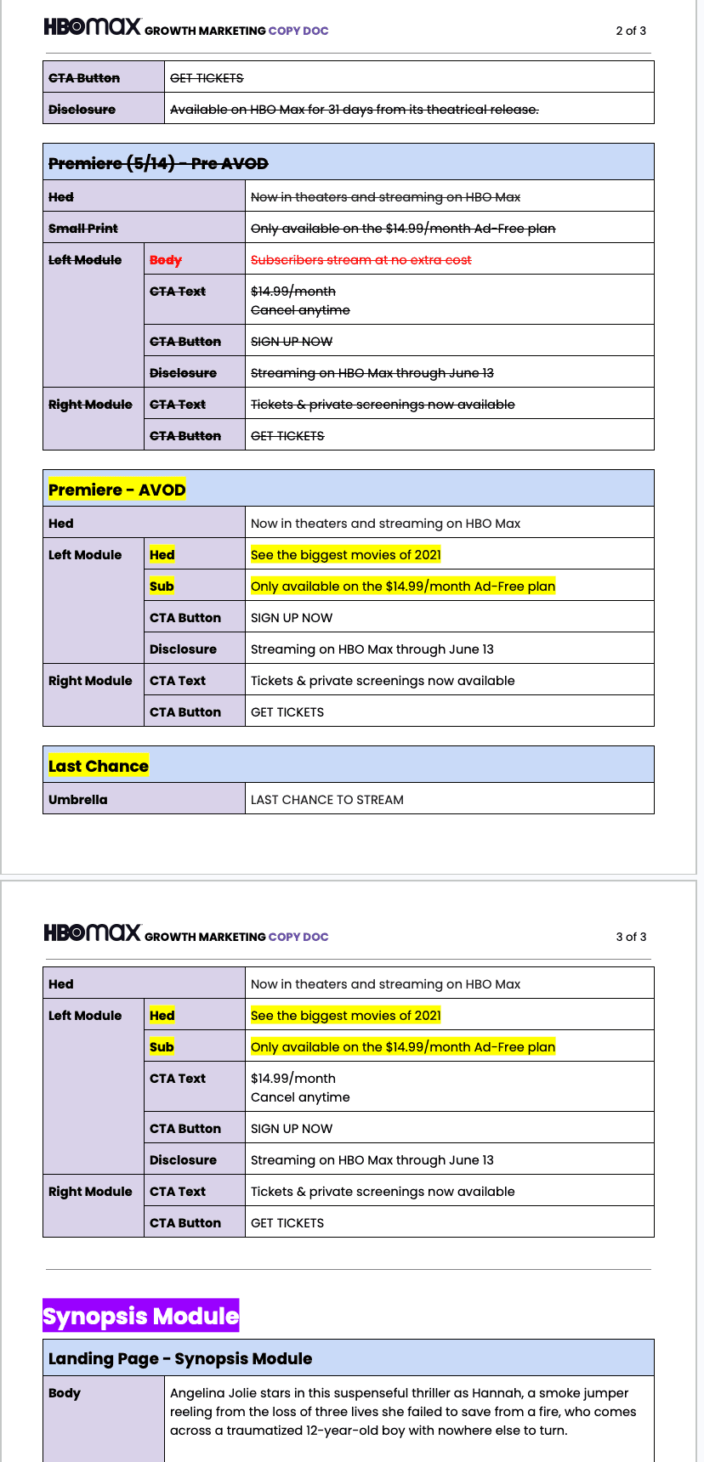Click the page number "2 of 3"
point(630,31)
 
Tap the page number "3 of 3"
point(630,937)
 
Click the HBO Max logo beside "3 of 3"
point(92,932)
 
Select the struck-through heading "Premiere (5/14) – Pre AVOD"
point(158,163)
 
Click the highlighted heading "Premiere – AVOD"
point(116,490)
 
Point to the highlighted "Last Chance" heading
point(98,766)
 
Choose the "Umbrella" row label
point(78,799)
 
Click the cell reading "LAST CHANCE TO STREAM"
point(326,799)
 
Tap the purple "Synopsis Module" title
point(140,1316)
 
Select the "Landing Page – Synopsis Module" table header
point(180,1358)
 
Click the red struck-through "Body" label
point(166,260)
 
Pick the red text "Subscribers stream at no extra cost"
point(361,260)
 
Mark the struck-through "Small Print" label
point(83,228)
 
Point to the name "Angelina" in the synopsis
point(196,1393)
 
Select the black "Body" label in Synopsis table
point(65,1393)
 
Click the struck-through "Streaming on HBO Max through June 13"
point(372,373)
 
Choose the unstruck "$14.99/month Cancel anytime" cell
point(300,1087)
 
